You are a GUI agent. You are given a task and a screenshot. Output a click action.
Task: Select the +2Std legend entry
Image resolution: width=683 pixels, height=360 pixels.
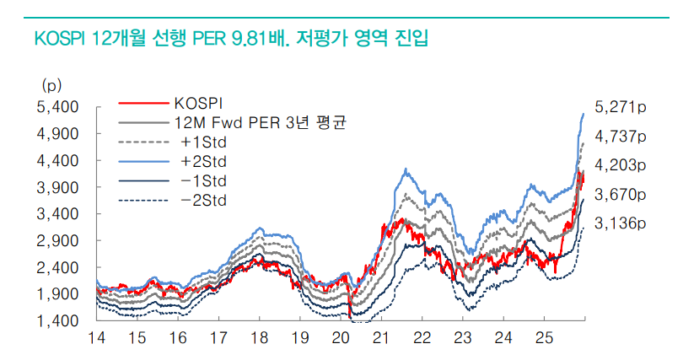click(x=203, y=161)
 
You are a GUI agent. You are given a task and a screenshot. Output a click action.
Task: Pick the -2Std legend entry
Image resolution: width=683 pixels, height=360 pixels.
click(x=203, y=200)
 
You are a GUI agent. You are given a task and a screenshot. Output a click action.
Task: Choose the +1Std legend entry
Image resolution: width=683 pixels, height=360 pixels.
click(x=203, y=142)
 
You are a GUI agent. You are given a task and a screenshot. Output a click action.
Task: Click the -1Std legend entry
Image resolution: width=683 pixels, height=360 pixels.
click(x=203, y=180)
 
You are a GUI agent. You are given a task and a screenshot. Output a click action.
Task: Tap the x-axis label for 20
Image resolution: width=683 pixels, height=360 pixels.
click(x=340, y=339)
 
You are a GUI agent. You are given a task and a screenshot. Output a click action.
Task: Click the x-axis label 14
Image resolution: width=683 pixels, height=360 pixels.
click(x=97, y=339)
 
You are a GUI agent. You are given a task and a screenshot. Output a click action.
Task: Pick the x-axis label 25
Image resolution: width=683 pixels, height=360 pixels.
click(x=544, y=339)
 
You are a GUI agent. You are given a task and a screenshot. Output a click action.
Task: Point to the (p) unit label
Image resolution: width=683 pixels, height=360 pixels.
click(x=51, y=84)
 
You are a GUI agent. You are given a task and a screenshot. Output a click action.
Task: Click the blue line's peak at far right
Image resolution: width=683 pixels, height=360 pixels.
click(x=584, y=114)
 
